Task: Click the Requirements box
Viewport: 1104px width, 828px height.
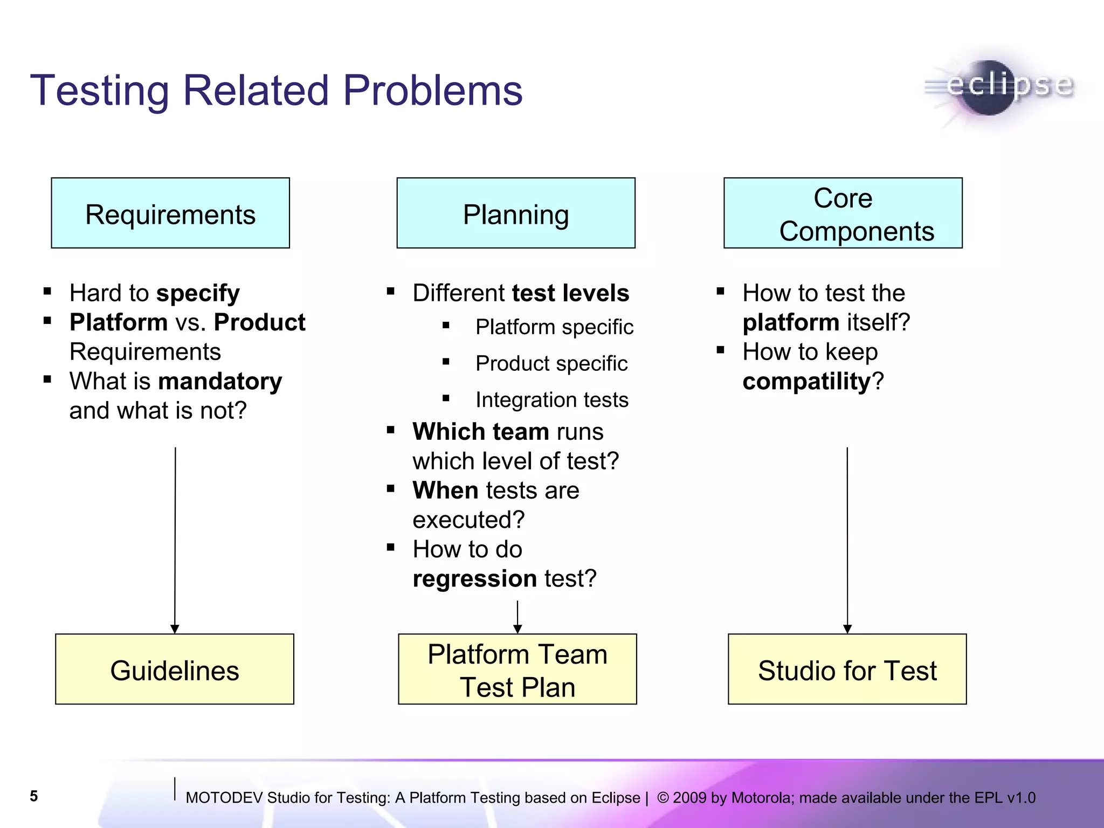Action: [170, 213]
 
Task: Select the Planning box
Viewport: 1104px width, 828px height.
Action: [516, 213]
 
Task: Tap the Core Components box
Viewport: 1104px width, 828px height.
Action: [843, 213]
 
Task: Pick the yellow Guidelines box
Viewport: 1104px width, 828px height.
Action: [175, 669]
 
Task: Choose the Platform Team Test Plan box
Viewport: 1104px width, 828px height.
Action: [517, 669]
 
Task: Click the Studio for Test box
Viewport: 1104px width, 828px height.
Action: [847, 669]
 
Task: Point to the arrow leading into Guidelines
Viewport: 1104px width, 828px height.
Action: [175, 539]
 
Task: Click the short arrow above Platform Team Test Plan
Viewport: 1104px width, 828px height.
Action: [517, 617]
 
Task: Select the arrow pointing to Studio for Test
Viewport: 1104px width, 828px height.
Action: [847, 539]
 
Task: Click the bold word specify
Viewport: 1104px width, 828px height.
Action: [198, 294]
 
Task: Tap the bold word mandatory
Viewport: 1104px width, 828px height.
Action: [220, 382]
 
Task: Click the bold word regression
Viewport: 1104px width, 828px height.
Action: [474, 579]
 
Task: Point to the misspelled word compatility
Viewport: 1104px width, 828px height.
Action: [806, 382]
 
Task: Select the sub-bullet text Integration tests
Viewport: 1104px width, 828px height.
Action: [551, 400]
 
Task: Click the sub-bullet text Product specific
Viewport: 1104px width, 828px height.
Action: [551, 364]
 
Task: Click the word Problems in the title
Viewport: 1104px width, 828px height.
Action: [432, 90]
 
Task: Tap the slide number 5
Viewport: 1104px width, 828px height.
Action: [34, 796]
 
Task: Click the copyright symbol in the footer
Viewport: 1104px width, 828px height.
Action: [663, 797]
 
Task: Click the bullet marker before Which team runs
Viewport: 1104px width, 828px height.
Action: [391, 430]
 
